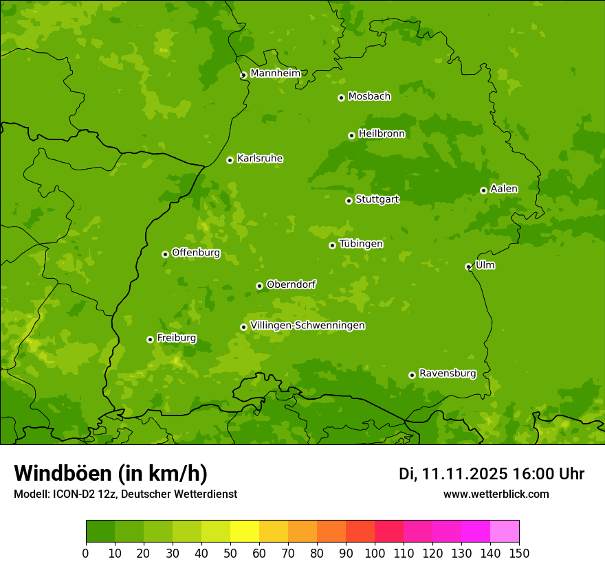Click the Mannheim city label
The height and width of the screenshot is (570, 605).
(275, 73)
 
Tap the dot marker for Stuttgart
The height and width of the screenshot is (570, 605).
(349, 201)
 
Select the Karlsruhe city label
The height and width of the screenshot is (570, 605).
(260, 159)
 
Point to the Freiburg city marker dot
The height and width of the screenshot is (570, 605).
(150, 339)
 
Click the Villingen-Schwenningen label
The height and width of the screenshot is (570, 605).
(307, 326)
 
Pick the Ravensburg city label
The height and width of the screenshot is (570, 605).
(448, 374)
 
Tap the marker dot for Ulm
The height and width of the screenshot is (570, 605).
(468, 266)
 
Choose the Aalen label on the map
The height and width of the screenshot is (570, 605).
(504, 189)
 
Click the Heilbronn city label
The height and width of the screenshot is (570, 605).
(382, 134)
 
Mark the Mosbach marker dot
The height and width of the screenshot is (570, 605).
(341, 98)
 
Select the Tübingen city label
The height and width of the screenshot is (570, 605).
(361, 244)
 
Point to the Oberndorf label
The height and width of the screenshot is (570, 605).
(291, 284)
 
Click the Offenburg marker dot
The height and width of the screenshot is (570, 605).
(165, 254)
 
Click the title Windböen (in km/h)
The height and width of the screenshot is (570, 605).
(111, 473)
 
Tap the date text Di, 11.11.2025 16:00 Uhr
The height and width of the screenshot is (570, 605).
(492, 474)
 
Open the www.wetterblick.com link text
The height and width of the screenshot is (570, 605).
(496, 494)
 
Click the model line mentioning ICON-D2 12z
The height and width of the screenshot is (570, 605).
(125, 494)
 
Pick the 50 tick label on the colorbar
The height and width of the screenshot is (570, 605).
(230, 554)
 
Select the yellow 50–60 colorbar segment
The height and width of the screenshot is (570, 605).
(244, 532)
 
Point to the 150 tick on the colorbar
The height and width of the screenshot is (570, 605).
(518, 554)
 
